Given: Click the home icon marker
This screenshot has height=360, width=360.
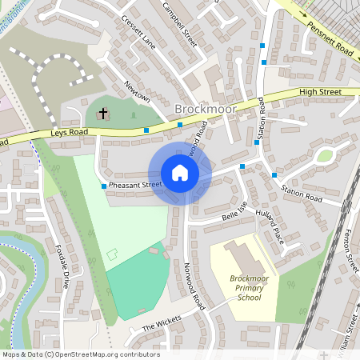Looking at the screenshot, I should click(x=180, y=173).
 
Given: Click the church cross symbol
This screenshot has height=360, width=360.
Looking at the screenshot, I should click(x=102, y=114).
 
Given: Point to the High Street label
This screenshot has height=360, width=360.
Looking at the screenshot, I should click(x=320, y=93).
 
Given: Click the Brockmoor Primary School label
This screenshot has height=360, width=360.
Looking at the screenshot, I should click(x=238, y=287).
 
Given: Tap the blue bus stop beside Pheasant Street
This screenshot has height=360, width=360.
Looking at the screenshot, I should click(x=104, y=186).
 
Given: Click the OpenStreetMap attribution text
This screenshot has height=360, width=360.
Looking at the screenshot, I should click(x=81, y=354).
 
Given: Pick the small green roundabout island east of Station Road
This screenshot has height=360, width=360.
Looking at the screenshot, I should click(x=324, y=155).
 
